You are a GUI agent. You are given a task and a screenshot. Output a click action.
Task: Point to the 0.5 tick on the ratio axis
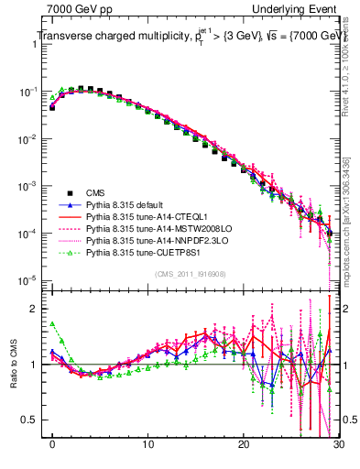[x=31, y=420]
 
